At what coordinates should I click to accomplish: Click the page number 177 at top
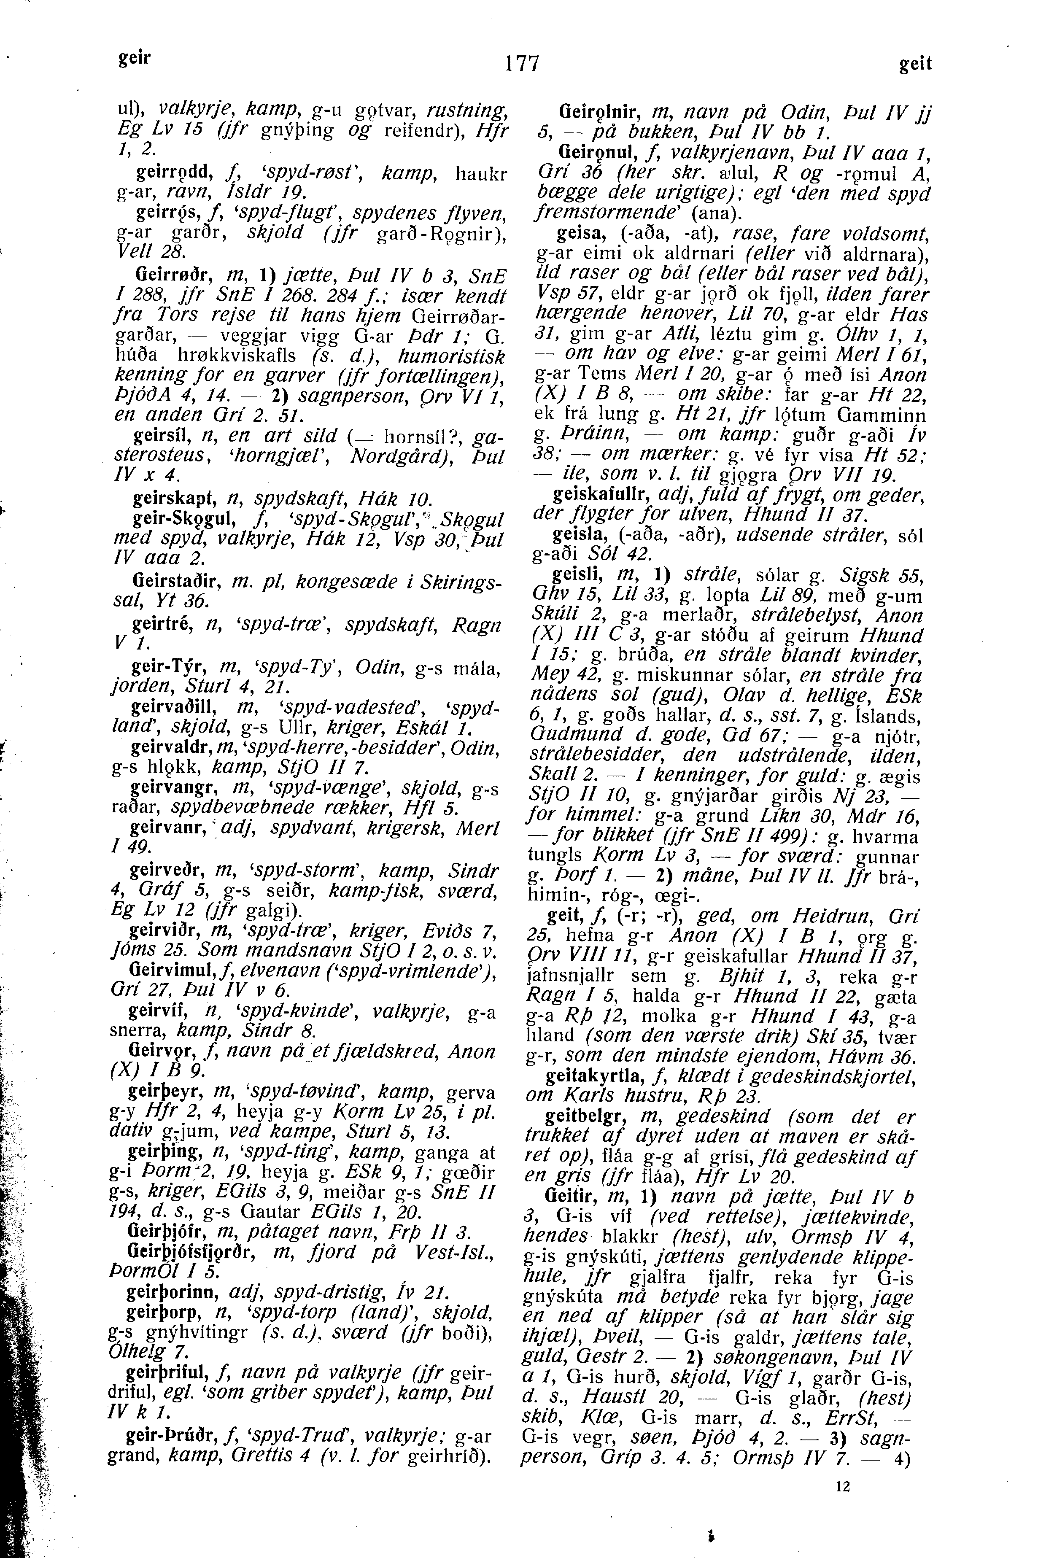coord(522,64)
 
